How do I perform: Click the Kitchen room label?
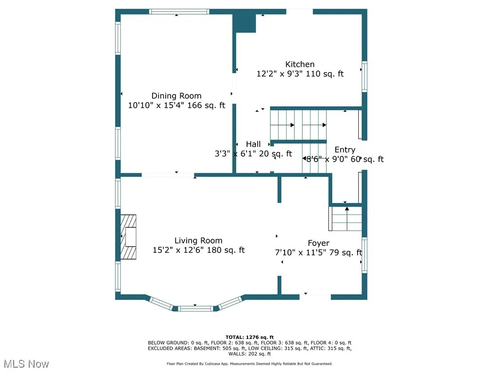[300, 64]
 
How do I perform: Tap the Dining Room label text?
[176, 96]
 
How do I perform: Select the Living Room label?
[198, 241]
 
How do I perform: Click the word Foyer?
[318, 243]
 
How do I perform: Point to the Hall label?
[253, 144]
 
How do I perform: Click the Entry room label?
[345, 150]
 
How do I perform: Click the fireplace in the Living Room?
[129, 237]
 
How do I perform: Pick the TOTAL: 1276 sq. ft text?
[249, 337]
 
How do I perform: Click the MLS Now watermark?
[25, 364]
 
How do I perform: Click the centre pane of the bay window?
[195, 308]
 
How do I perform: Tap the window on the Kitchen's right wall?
[364, 76]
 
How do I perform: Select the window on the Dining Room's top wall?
[179, 11]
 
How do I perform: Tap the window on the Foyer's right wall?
[364, 255]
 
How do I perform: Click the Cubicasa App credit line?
[249, 364]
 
